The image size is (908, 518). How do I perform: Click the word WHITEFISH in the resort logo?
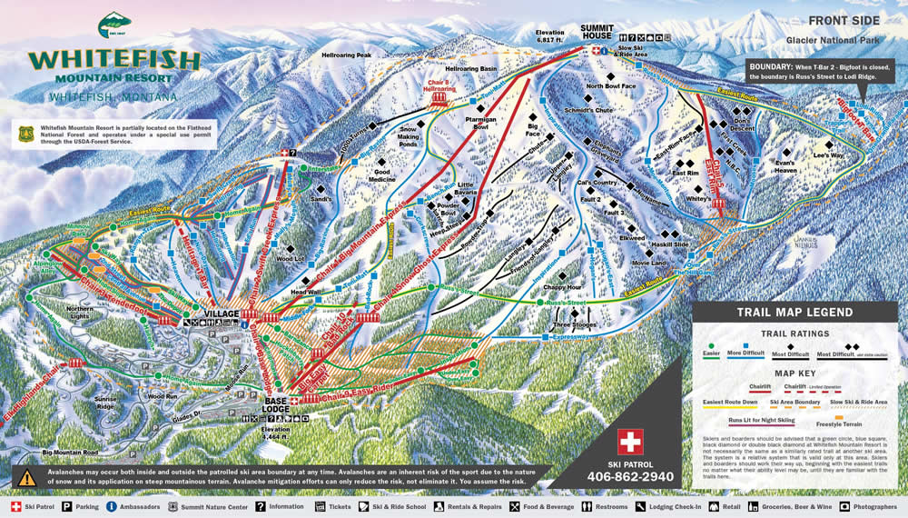click(x=113, y=60)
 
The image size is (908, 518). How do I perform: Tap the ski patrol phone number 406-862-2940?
click(x=630, y=476)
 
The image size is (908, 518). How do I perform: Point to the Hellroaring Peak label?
click(x=346, y=55)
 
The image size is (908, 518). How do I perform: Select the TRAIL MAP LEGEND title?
click(x=794, y=312)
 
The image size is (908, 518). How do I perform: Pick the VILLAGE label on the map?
click(x=222, y=314)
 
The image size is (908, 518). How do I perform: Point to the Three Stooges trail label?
click(x=573, y=324)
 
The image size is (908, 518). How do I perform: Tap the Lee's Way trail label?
click(x=828, y=155)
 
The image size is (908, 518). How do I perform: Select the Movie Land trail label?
click(x=648, y=264)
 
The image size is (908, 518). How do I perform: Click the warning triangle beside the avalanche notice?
click(x=27, y=476)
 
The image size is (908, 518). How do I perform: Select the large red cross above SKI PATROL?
click(x=630, y=442)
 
